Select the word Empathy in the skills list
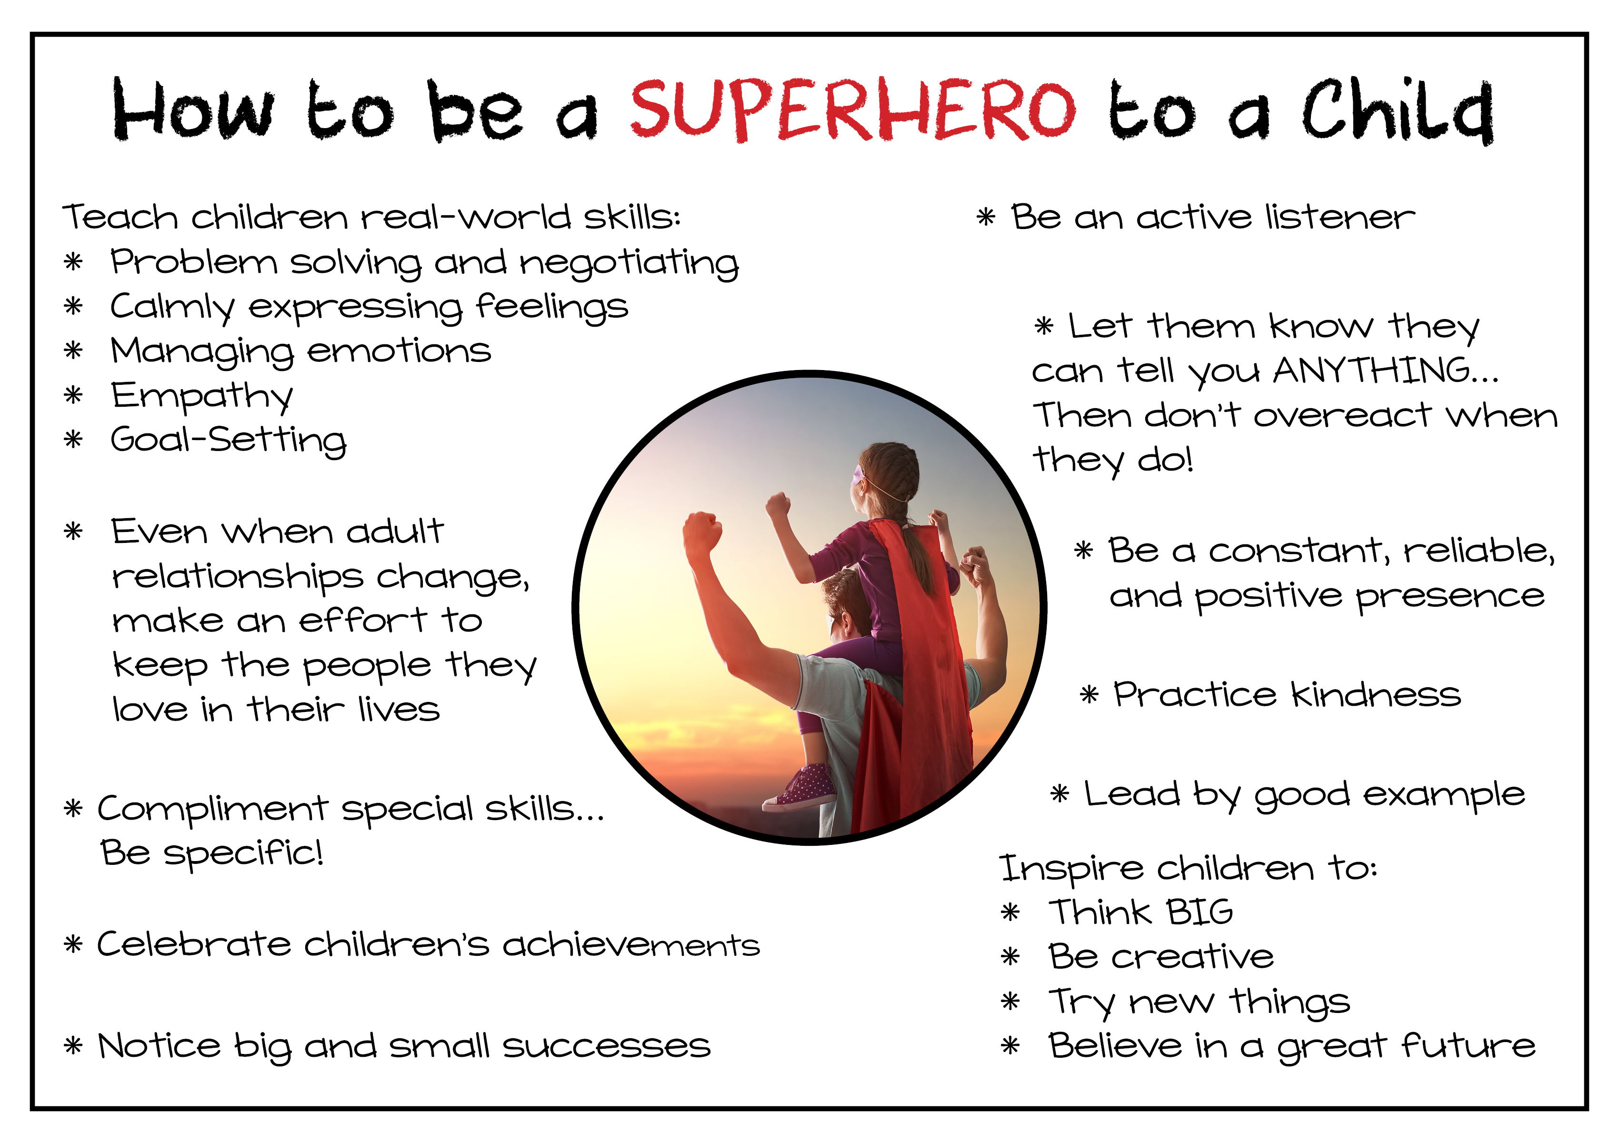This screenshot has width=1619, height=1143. click(202, 396)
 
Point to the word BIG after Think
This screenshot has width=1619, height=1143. click(1200, 911)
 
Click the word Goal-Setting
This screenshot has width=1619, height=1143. click(229, 440)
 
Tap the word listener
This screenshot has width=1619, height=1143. click(1340, 217)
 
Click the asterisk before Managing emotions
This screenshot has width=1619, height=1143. click(73, 351)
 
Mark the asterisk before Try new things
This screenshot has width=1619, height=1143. click(1010, 1001)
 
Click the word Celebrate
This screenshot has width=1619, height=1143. click(194, 943)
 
